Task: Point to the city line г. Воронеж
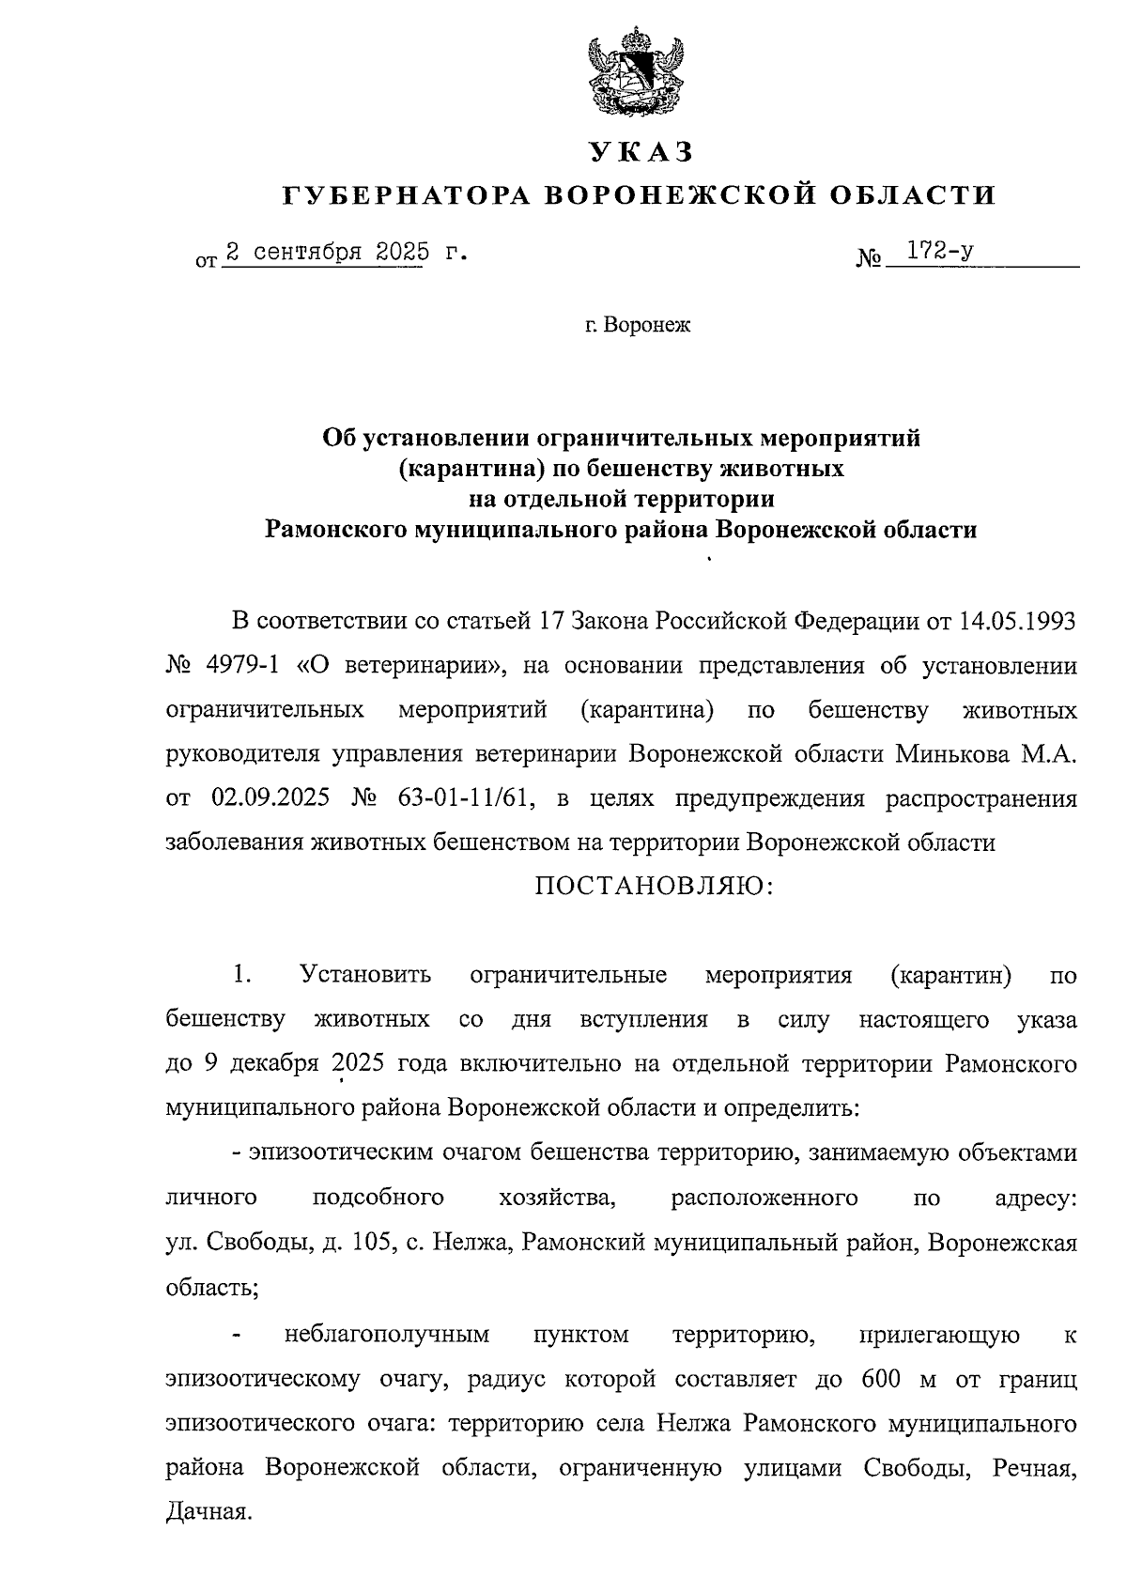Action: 637,326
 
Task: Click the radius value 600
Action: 878,1380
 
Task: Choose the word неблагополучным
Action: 386,1335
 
